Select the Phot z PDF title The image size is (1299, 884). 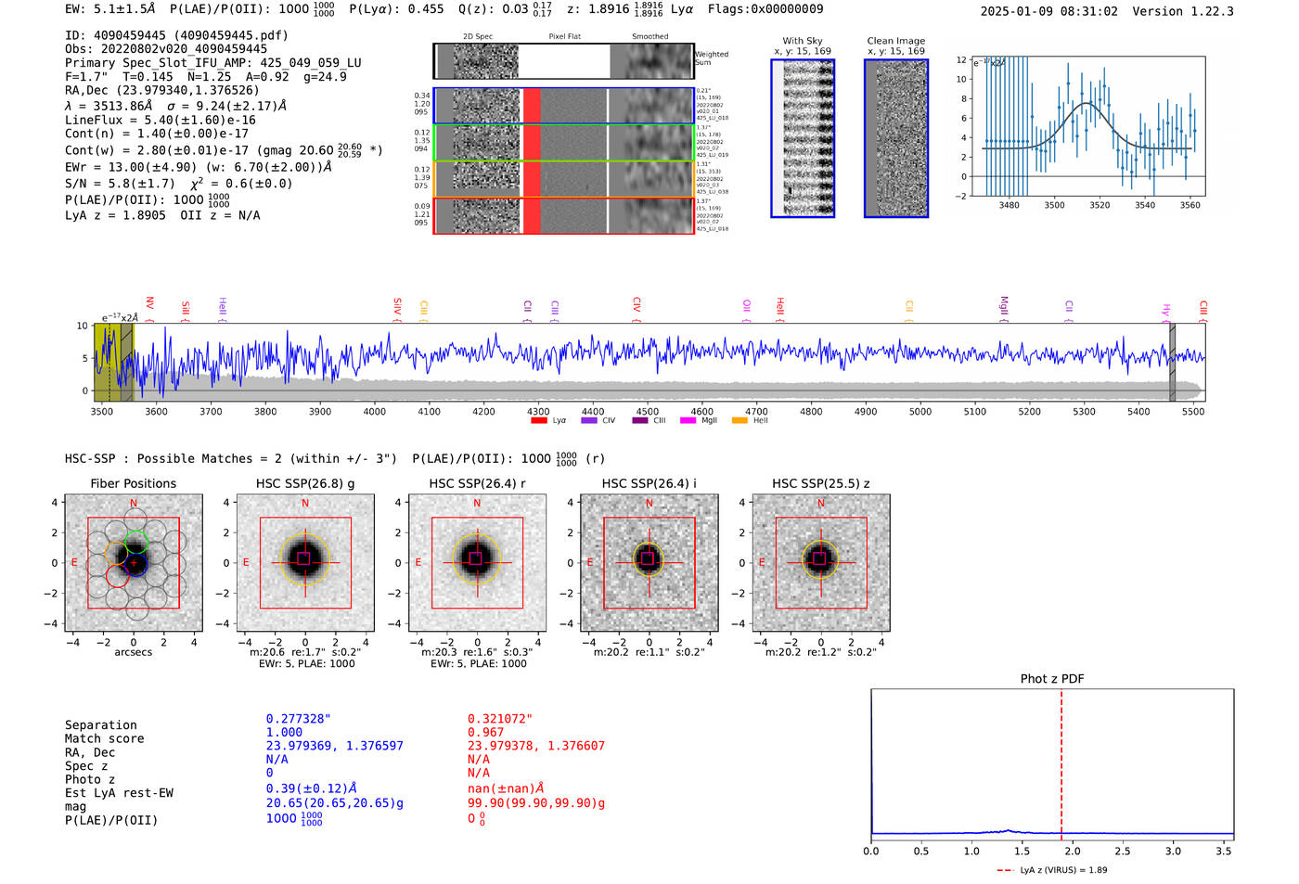1052,679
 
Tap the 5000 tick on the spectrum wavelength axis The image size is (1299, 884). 920,411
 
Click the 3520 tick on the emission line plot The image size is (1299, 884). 1100,205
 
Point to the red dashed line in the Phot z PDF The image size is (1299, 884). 1061,761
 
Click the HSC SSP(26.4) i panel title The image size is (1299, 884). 649,483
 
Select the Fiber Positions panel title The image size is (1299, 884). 133,483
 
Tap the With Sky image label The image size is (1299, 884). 803,41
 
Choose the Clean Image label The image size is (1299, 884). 895,41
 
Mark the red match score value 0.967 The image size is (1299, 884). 485,733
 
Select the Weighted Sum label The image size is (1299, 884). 712,58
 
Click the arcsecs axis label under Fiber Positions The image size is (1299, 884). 133,652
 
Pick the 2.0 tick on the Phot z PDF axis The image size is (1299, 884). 1072,851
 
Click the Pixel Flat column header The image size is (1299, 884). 564,37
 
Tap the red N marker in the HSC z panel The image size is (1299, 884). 820,504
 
